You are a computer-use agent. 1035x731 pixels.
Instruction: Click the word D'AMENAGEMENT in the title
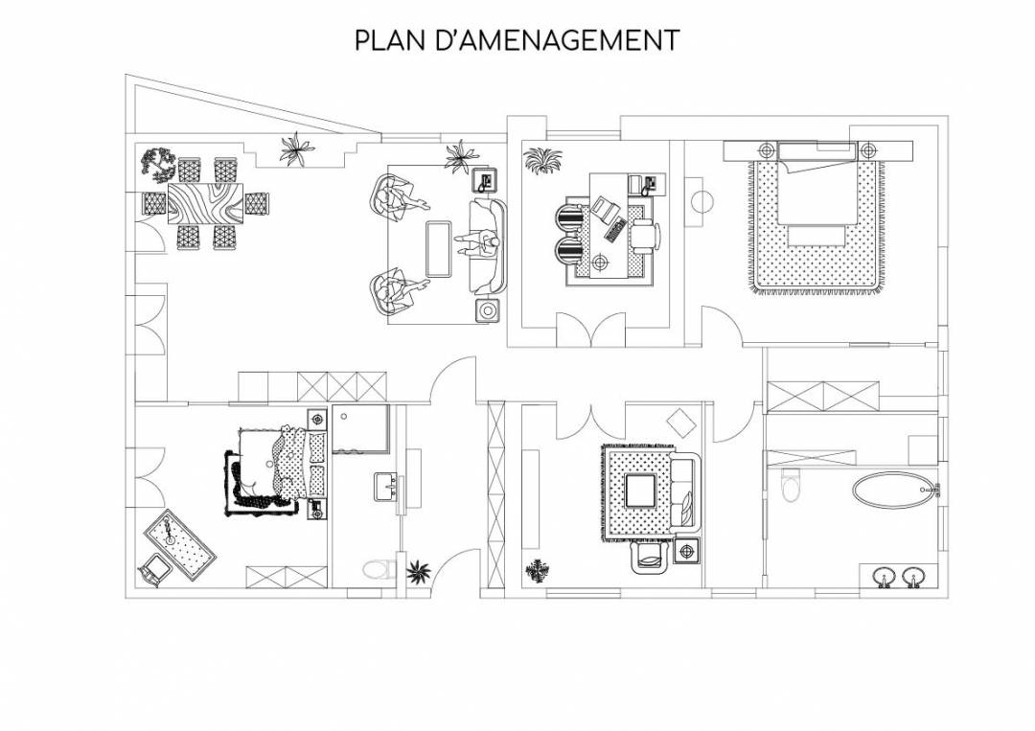click(x=558, y=39)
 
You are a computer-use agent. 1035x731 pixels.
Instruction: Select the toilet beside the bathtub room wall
click(x=790, y=487)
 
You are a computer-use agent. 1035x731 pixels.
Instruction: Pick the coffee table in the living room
click(x=439, y=249)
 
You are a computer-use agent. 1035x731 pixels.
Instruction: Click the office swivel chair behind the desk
click(x=646, y=236)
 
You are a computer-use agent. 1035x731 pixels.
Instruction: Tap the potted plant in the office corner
click(x=542, y=160)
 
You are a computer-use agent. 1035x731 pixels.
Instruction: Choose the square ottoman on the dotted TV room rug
click(x=640, y=491)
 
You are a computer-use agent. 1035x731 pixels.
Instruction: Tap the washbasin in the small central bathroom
click(x=385, y=487)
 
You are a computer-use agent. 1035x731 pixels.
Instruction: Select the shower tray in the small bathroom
click(x=360, y=429)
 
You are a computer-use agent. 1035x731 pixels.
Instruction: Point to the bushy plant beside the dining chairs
click(x=158, y=164)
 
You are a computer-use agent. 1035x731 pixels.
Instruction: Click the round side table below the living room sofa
click(x=488, y=309)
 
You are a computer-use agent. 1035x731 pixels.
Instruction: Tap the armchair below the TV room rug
click(x=651, y=556)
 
